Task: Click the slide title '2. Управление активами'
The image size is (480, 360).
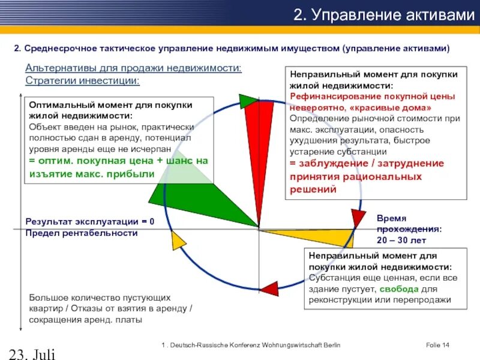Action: click(383, 16)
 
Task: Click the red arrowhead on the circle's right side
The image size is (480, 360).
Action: click(358, 217)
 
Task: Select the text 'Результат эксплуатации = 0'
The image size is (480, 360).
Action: click(89, 221)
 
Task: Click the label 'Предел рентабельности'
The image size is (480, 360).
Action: click(82, 233)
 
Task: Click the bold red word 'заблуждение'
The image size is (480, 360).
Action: click(330, 163)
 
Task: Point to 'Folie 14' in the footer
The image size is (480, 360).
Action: click(437, 345)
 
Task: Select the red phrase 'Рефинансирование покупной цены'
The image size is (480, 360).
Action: click(373, 96)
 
